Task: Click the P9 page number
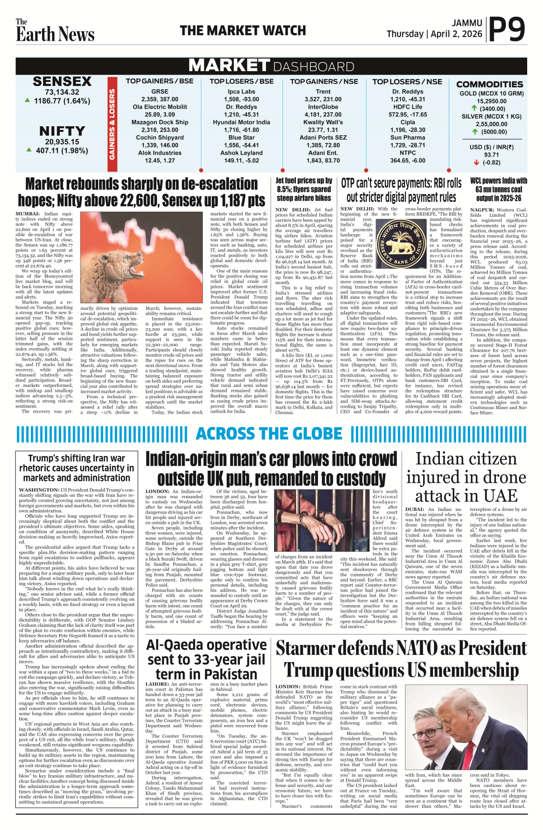[507, 29]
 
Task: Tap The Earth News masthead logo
[55, 31]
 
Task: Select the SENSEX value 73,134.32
[62, 92]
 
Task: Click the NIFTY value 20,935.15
[62, 142]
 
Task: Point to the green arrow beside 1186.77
[28, 100]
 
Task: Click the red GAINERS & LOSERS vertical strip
[112, 124]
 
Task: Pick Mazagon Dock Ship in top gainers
[160, 122]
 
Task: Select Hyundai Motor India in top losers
[241, 122]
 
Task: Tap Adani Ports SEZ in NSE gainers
[323, 138]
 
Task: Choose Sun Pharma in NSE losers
[408, 138]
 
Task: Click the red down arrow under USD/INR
[476, 162]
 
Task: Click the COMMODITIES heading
[490, 84]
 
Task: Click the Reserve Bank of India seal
[401, 245]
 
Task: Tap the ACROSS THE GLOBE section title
[269, 434]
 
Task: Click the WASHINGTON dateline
[39, 490]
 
